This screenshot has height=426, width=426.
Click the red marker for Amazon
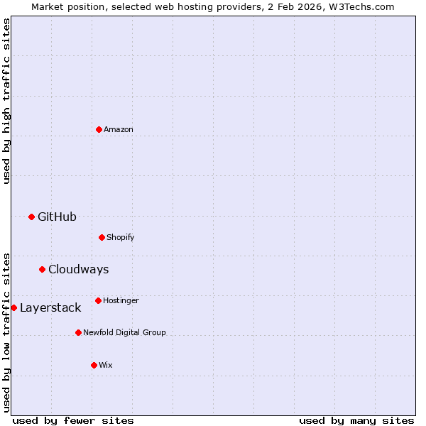click(99, 129)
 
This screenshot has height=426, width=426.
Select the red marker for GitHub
click(31, 217)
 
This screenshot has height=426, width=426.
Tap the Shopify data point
click(102, 237)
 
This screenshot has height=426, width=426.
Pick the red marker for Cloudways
click(42, 269)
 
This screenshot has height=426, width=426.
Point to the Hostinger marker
click(98, 300)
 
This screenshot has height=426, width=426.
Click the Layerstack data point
click(13, 307)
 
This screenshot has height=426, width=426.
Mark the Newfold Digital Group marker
click(78, 332)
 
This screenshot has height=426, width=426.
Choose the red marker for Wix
click(94, 365)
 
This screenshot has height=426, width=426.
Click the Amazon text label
click(119, 129)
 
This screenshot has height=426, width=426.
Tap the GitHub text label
click(57, 217)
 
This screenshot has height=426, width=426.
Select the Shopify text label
click(121, 237)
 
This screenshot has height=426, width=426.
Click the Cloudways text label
click(78, 269)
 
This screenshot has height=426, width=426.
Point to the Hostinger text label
click(121, 300)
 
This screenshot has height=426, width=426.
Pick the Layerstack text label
click(50, 307)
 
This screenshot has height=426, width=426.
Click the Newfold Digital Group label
click(124, 332)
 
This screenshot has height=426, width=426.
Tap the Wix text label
click(106, 365)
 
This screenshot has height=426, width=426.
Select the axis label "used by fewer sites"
click(73, 420)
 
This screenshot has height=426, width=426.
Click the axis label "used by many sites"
click(356, 420)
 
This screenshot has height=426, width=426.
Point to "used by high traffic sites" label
click(6, 101)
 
